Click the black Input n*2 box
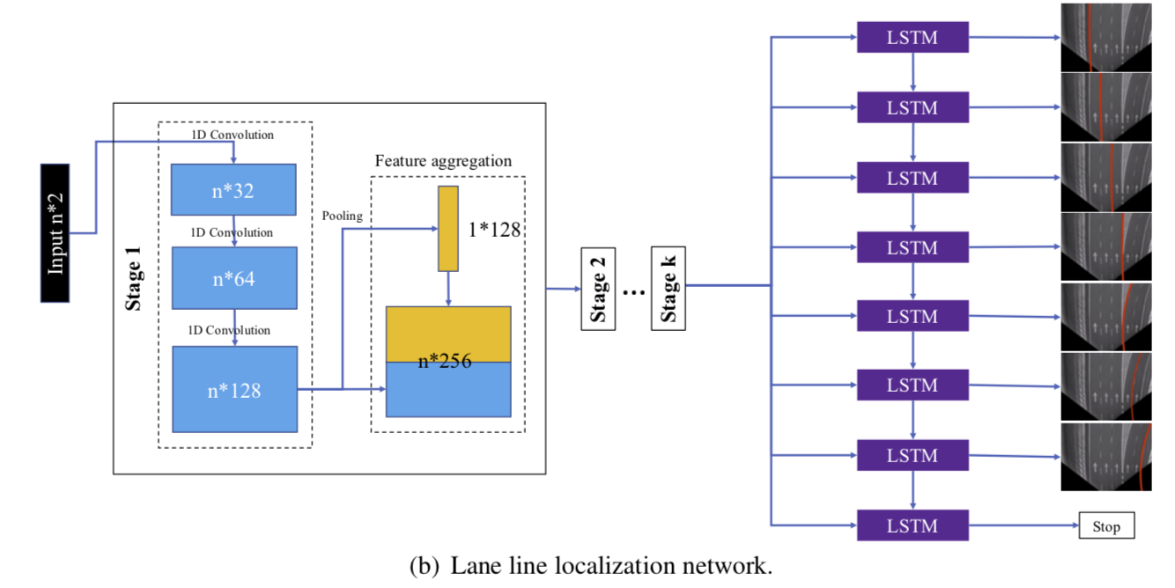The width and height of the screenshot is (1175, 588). (x=55, y=232)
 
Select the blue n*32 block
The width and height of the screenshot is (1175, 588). (x=234, y=189)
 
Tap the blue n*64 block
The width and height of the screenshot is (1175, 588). (x=234, y=278)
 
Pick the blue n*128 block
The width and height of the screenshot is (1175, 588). (x=234, y=389)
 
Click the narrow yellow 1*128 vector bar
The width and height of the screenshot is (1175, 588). (x=448, y=229)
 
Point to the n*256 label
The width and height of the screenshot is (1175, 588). (x=444, y=361)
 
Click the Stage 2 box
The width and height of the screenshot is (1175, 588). (x=597, y=289)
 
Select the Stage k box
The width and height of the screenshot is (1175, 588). (x=668, y=289)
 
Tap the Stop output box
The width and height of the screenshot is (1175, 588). (x=1106, y=526)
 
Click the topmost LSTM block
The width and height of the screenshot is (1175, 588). (x=913, y=38)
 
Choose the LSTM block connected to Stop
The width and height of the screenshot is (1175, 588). (x=913, y=526)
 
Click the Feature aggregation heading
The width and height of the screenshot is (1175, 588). (x=443, y=161)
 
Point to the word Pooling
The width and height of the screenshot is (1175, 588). (x=342, y=216)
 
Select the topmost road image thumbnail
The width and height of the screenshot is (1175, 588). (x=1105, y=37)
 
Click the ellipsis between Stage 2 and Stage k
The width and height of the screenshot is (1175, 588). (x=632, y=290)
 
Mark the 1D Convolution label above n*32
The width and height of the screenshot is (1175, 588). (x=233, y=135)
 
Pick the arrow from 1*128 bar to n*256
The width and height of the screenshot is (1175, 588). (x=448, y=288)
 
